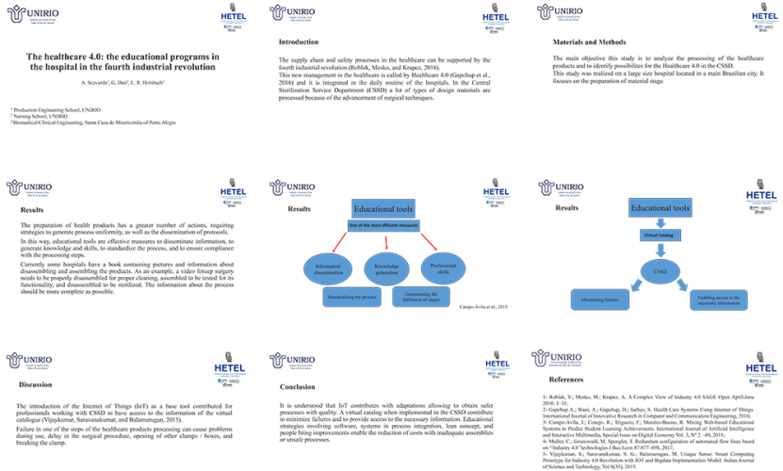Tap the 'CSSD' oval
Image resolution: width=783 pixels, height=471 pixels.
661,272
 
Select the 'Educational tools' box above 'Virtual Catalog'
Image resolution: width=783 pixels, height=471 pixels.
661,207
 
